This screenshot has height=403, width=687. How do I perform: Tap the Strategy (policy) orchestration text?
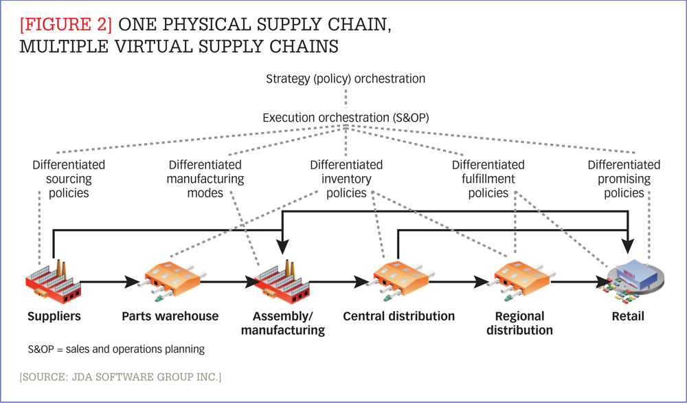pyautogui.click(x=346, y=78)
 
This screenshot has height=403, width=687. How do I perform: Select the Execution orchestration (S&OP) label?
pyautogui.click(x=346, y=118)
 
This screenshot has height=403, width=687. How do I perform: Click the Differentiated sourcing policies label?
pyautogui.click(x=69, y=179)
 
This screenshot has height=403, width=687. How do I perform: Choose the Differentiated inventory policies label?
pyautogui.click(x=346, y=179)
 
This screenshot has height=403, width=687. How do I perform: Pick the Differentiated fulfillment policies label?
pyautogui.click(x=488, y=179)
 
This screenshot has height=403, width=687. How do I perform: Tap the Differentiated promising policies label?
pyautogui.click(x=624, y=179)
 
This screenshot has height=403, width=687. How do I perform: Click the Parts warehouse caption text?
pyautogui.click(x=170, y=316)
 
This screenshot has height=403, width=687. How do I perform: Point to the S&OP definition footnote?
pyautogui.click(x=116, y=349)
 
